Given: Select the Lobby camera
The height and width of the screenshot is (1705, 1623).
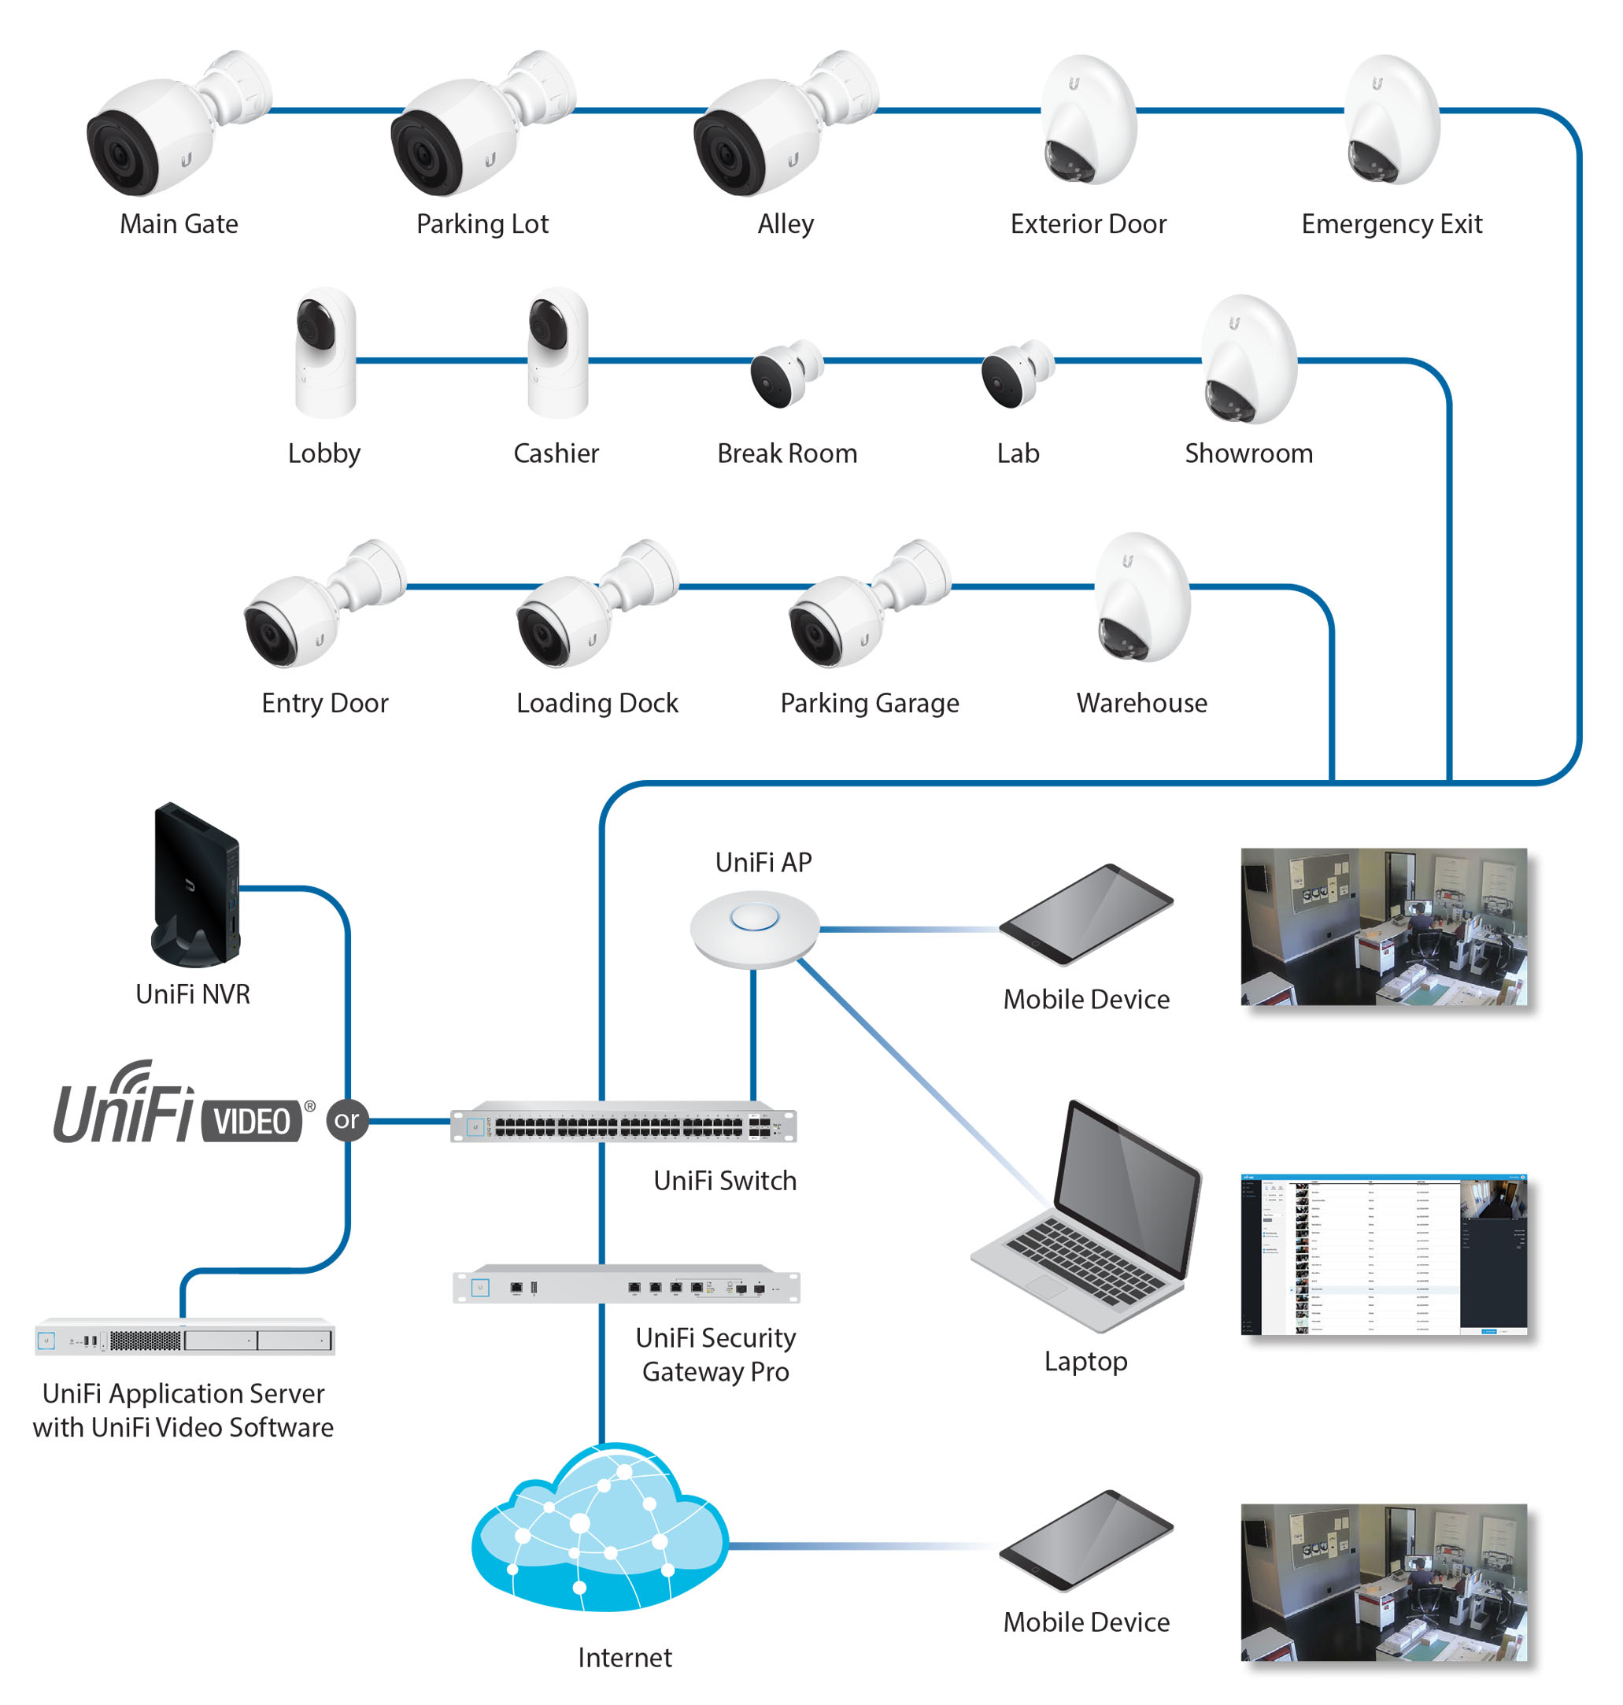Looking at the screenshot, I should click(324, 352).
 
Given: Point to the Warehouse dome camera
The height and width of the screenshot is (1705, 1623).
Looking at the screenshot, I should click(1142, 597).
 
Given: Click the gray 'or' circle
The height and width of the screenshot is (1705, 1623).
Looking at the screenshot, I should click(347, 1120).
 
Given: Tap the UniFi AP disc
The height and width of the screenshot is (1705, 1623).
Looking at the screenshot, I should click(754, 927).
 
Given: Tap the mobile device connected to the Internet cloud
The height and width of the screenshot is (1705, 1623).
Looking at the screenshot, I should click(1085, 1540).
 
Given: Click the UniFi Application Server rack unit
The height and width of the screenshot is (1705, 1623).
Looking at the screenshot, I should click(184, 1338).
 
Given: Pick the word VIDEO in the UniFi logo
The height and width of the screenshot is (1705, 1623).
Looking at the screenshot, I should click(252, 1122).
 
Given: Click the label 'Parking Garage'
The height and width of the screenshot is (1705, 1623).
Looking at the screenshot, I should click(870, 702).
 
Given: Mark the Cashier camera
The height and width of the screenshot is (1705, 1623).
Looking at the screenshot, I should click(558, 352).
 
